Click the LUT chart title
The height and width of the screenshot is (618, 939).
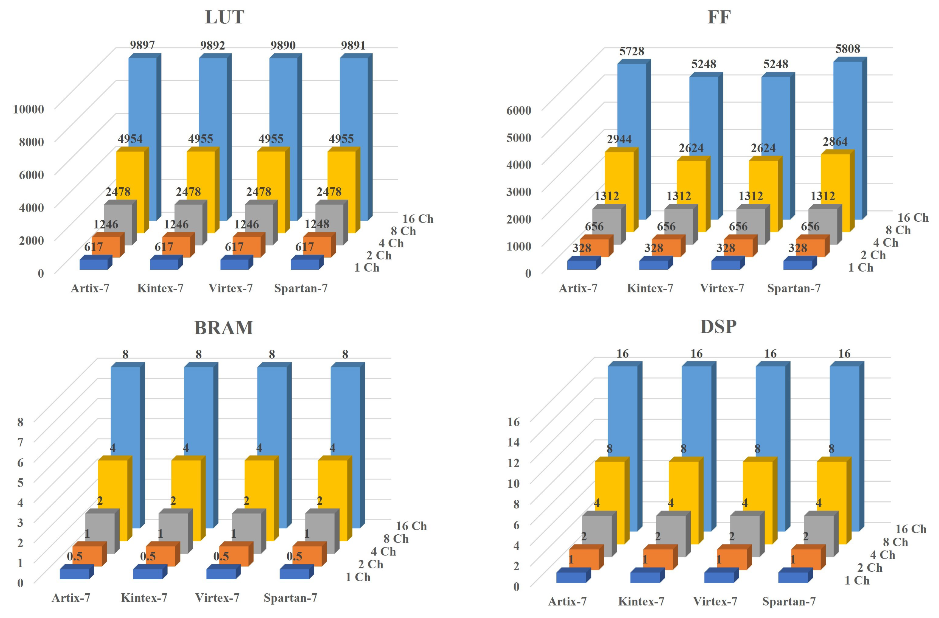pyautogui.click(x=224, y=17)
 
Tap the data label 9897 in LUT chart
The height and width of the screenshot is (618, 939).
pyautogui.click(x=142, y=45)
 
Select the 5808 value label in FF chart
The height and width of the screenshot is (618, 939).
pyautogui.click(x=847, y=49)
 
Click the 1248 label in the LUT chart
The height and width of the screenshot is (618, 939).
pyautogui.click(x=317, y=224)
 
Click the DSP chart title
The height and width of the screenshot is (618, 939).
pyautogui.click(x=718, y=327)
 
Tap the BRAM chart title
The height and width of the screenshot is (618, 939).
pyautogui.click(x=224, y=328)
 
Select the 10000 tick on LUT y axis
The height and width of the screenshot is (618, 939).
pyautogui.click(x=29, y=109)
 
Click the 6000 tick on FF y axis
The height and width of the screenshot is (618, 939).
pyautogui.click(x=518, y=111)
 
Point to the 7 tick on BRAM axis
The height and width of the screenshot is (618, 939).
pyautogui.click(x=21, y=442)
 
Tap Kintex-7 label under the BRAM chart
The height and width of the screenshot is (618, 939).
pyautogui.click(x=144, y=598)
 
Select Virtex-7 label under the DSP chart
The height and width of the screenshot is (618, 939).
pyautogui.click(x=715, y=602)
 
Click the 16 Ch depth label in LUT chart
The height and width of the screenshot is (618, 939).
pyautogui.click(x=418, y=219)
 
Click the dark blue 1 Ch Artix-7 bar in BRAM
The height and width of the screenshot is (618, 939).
pyautogui.click(x=75, y=574)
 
